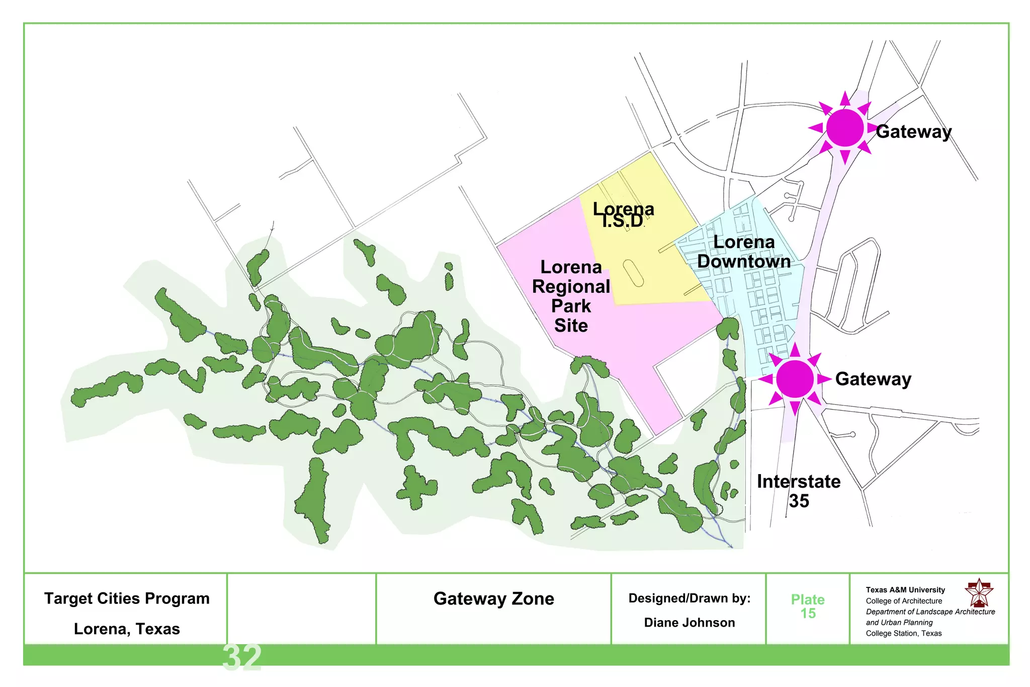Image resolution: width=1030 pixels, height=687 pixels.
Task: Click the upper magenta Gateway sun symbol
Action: point(845,128)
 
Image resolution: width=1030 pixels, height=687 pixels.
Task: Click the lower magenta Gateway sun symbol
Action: point(795,378)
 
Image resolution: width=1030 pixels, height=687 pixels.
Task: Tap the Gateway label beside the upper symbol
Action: point(913,132)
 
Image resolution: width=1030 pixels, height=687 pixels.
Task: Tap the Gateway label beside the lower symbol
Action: point(873,379)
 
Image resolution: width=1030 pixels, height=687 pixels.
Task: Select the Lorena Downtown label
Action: point(744,252)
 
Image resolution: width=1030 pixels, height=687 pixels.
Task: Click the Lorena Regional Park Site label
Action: point(571,296)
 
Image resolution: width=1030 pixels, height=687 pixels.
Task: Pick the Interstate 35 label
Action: point(799,491)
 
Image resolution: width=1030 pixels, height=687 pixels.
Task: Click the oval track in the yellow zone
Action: point(633,273)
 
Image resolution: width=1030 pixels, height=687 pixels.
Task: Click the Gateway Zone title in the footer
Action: point(493,598)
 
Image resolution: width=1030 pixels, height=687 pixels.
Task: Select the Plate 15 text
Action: point(808,606)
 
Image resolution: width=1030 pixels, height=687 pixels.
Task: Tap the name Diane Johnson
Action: point(689,623)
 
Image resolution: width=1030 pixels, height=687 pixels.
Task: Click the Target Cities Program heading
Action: point(127,598)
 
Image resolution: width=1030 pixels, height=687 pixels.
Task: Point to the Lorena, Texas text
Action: point(127,629)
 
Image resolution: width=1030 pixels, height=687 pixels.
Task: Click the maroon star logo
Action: point(979,593)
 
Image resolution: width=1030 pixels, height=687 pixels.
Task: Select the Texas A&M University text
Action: point(905,590)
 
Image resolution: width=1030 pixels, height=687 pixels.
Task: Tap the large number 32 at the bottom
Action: point(242,657)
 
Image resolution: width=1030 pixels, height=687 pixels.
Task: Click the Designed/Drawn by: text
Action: point(689,598)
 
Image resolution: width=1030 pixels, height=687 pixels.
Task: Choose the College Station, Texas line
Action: point(903,633)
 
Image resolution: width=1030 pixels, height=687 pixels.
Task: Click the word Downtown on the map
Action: point(744,262)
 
